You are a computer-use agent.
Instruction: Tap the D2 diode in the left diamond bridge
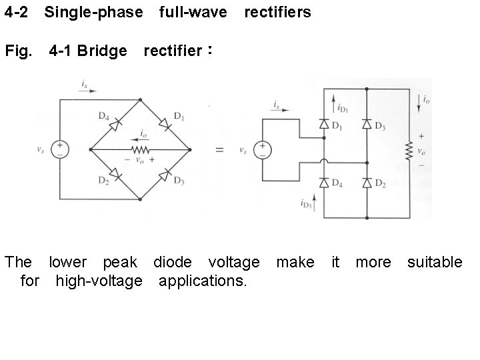pyautogui.click(x=115, y=175)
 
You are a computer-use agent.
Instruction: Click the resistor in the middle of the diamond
pyautogui.click(x=139, y=149)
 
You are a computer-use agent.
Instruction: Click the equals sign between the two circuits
pyautogui.click(x=219, y=150)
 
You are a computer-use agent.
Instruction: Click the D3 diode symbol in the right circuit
pyautogui.click(x=367, y=124)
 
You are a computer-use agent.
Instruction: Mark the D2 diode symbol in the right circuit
pyautogui.click(x=367, y=182)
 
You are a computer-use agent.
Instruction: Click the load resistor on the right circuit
pyautogui.click(x=408, y=149)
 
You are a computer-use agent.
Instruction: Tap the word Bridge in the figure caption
pyautogui.click(x=102, y=52)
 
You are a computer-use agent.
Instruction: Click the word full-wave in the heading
pyautogui.click(x=193, y=13)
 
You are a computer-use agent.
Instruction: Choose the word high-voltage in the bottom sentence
pyautogui.click(x=99, y=281)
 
